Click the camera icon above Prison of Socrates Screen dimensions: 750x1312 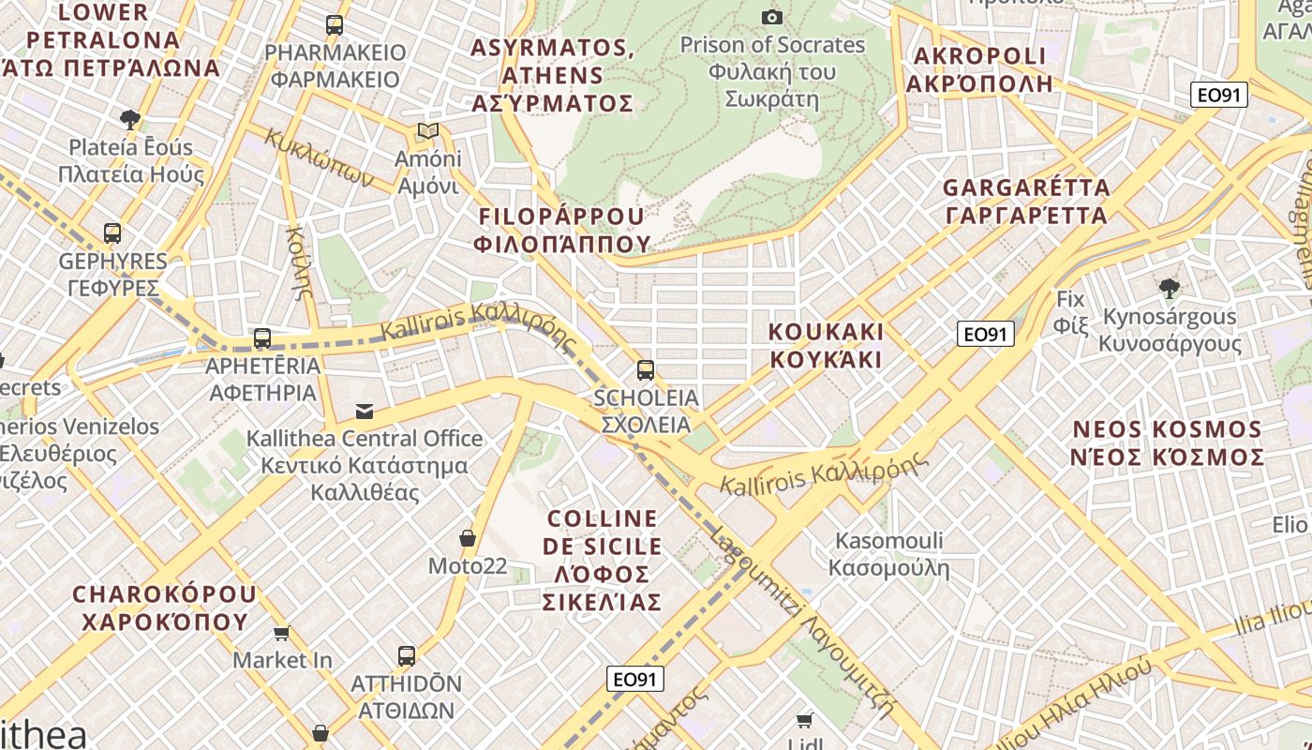click(x=772, y=17)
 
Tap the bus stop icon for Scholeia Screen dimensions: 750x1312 click(x=645, y=369)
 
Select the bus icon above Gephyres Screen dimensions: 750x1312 click(x=112, y=232)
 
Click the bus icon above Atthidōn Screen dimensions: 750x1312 click(x=406, y=655)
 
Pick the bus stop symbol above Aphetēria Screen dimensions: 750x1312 click(x=262, y=338)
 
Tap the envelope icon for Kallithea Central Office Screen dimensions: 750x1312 click(x=365, y=411)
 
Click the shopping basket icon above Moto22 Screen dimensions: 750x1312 click(x=467, y=538)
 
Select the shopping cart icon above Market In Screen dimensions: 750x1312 click(x=281, y=633)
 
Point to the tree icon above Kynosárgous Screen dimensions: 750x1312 click(x=1169, y=288)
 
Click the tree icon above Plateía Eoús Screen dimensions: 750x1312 click(x=130, y=119)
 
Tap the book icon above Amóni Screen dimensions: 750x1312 click(x=428, y=130)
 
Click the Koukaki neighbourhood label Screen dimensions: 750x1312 click(x=826, y=345)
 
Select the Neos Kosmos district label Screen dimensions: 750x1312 click(x=1169, y=443)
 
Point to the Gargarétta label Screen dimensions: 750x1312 click(x=1026, y=202)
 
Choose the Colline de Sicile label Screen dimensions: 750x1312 click(x=603, y=560)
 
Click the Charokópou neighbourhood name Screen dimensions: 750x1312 click(x=164, y=607)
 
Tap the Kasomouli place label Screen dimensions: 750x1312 click(x=888, y=554)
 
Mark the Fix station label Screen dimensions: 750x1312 click(x=1070, y=312)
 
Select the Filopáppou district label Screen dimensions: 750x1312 click(x=562, y=231)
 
